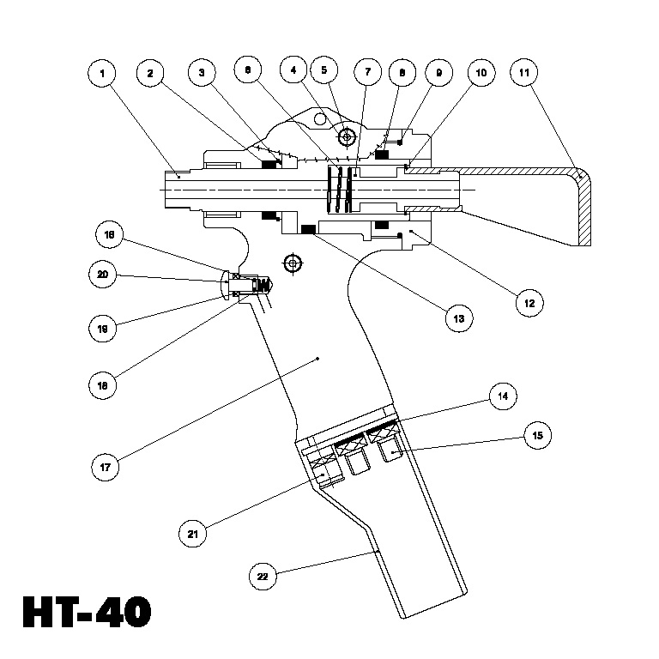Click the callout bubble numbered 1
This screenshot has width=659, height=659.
[102, 74]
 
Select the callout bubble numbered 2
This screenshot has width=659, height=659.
[150, 74]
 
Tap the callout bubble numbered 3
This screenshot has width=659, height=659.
[202, 74]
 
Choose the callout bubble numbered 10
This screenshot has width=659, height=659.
[480, 74]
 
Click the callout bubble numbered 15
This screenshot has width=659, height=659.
[538, 436]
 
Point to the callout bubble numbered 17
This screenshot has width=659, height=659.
[107, 469]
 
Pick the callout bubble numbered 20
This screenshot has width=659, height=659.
[102, 275]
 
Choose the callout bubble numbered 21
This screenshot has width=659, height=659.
[192, 533]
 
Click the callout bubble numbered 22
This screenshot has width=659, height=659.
[263, 576]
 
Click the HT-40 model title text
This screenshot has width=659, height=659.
[87, 613]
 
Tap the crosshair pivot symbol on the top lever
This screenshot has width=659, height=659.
[348, 136]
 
